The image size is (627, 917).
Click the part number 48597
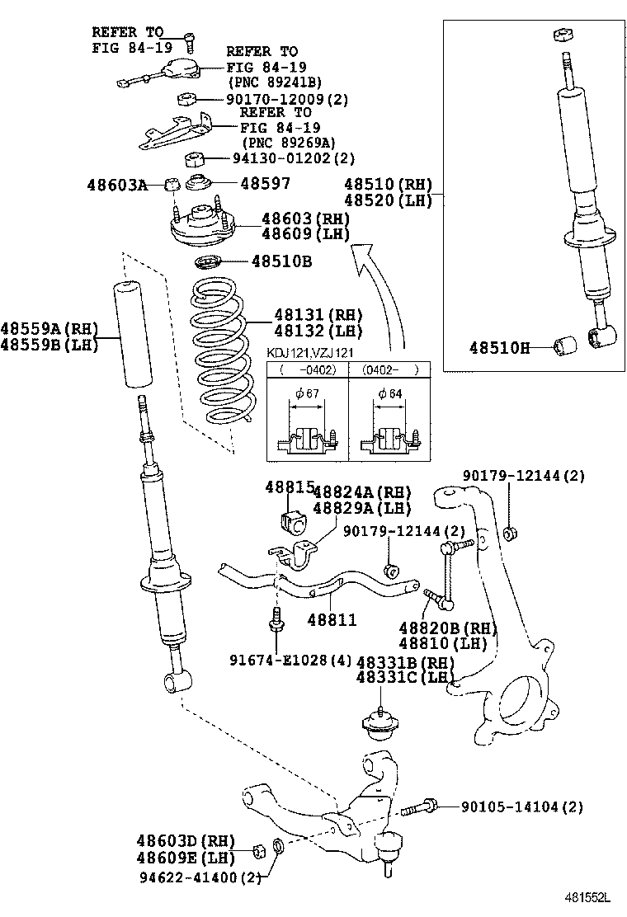[x=265, y=183]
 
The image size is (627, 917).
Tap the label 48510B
[x=282, y=262]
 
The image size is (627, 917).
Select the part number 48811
[x=332, y=619]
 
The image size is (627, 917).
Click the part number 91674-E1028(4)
[x=290, y=660]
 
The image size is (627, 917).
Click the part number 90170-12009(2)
[x=287, y=99]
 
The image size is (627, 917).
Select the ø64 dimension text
[x=389, y=394]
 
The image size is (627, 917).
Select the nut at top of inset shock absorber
[x=561, y=36]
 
